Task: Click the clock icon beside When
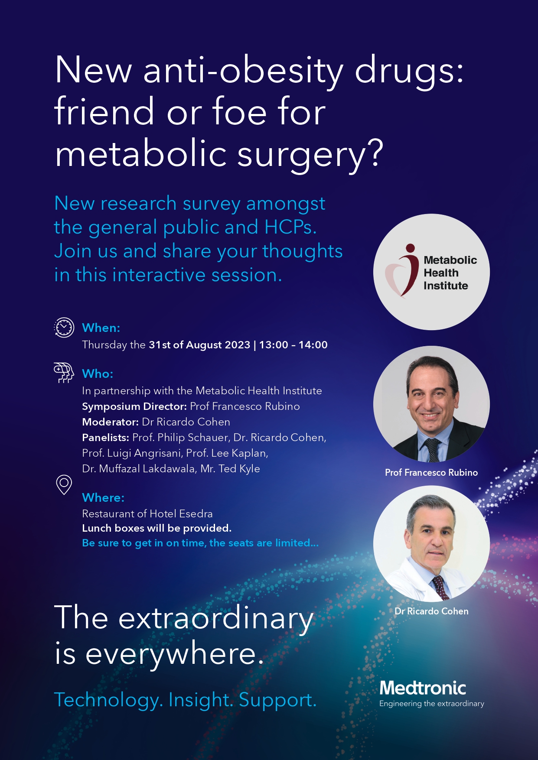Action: [64, 328]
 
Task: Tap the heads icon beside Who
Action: [64, 373]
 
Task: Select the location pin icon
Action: [64, 485]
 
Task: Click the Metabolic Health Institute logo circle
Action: [431, 272]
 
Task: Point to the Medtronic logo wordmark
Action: [423, 688]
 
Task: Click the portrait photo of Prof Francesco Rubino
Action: [431, 404]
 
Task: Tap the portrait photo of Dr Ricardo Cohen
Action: [431, 543]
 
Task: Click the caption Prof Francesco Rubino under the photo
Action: [431, 472]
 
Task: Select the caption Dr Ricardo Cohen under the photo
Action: [431, 611]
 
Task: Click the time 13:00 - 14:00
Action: [293, 345]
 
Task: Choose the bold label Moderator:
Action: [110, 422]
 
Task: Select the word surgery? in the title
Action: [310, 155]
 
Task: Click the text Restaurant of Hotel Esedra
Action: [147, 514]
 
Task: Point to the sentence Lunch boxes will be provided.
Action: [157, 528]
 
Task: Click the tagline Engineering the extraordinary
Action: [432, 704]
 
